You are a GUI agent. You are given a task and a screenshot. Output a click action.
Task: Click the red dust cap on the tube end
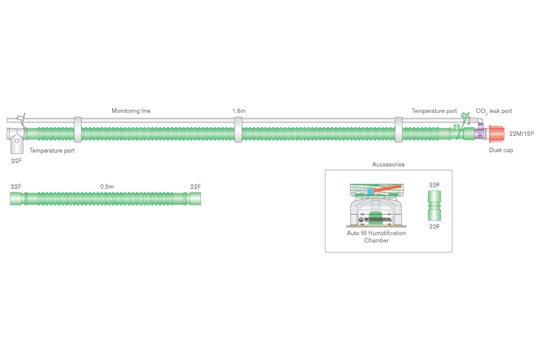498,133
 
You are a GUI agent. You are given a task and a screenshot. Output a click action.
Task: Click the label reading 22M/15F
521,133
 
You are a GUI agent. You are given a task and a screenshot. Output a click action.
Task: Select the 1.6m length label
239,111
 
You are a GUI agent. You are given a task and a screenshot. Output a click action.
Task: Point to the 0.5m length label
107,187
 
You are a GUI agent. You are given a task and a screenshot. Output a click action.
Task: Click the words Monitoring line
131,111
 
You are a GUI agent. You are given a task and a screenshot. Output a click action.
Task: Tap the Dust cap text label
501,150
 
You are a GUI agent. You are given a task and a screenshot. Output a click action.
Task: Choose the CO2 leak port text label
493,111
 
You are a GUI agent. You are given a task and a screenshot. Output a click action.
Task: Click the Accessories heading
388,164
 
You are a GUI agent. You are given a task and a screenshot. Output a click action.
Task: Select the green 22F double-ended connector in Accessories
434,206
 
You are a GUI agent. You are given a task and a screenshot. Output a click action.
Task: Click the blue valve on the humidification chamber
370,191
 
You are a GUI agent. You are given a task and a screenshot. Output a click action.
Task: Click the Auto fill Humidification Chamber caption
376,236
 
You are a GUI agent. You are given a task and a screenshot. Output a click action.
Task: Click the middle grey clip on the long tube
238,130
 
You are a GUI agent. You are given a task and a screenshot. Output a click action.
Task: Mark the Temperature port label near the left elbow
52,151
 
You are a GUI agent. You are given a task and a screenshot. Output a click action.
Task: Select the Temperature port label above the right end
434,111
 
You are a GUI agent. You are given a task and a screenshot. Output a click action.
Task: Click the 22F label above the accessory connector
434,185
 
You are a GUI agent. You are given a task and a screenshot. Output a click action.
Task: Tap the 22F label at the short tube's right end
196,187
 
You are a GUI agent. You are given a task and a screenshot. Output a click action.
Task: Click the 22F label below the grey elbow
16,161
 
